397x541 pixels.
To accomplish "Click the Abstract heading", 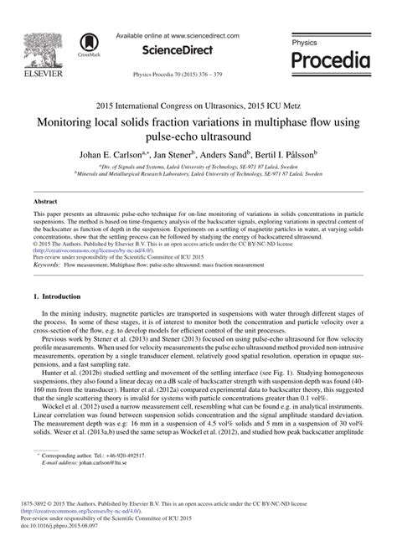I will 44,204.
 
